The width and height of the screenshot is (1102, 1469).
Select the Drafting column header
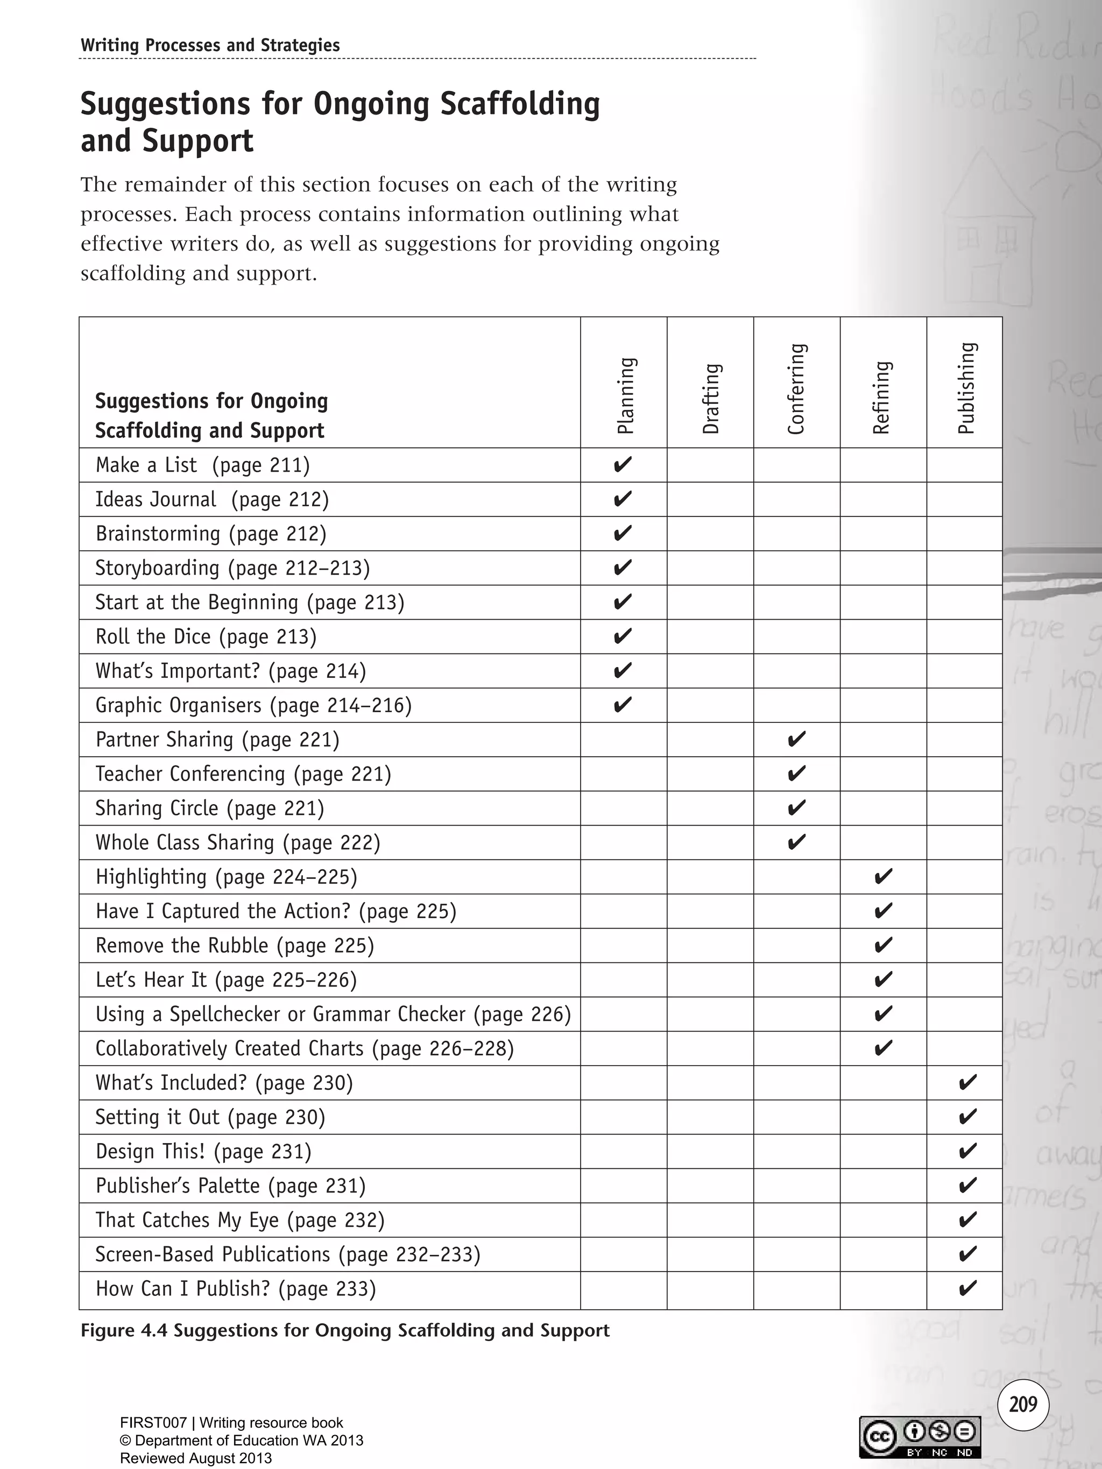click(x=711, y=399)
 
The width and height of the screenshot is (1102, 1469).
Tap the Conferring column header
click(x=796, y=389)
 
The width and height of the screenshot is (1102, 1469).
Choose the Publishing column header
click(x=966, y=388)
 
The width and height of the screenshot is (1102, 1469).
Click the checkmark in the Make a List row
click(x=623, y=464)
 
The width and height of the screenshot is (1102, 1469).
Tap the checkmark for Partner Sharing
click(x=796, y=739)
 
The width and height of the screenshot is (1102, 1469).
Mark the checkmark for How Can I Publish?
click(x=967, y=1288)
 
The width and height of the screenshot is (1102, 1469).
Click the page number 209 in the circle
click(x=1023, y=1404)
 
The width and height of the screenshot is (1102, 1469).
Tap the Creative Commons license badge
click(x=920, y=1437)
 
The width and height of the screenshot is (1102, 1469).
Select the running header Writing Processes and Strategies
click(x=210, y=45)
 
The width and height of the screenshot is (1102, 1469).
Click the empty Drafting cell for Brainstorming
click(x=710, y=533)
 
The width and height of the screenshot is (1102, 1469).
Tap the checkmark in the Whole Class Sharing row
click(x=796, y=842)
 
